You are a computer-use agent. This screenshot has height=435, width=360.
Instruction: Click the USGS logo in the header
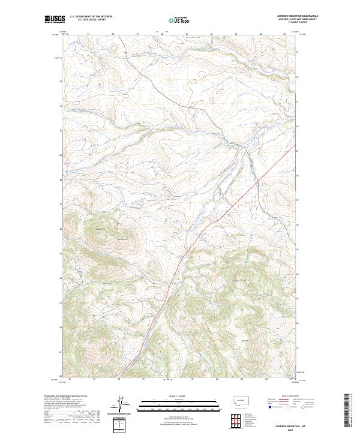(x=55, y=19)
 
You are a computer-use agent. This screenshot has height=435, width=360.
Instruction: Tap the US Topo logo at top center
(x=180, y=20)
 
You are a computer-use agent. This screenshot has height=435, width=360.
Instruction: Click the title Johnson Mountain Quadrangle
(x=297, y=16)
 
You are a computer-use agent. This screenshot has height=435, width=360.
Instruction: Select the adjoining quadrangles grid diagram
(x=235, y=418)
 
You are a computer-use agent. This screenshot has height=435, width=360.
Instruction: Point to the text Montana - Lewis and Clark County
(x=297, y=19)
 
